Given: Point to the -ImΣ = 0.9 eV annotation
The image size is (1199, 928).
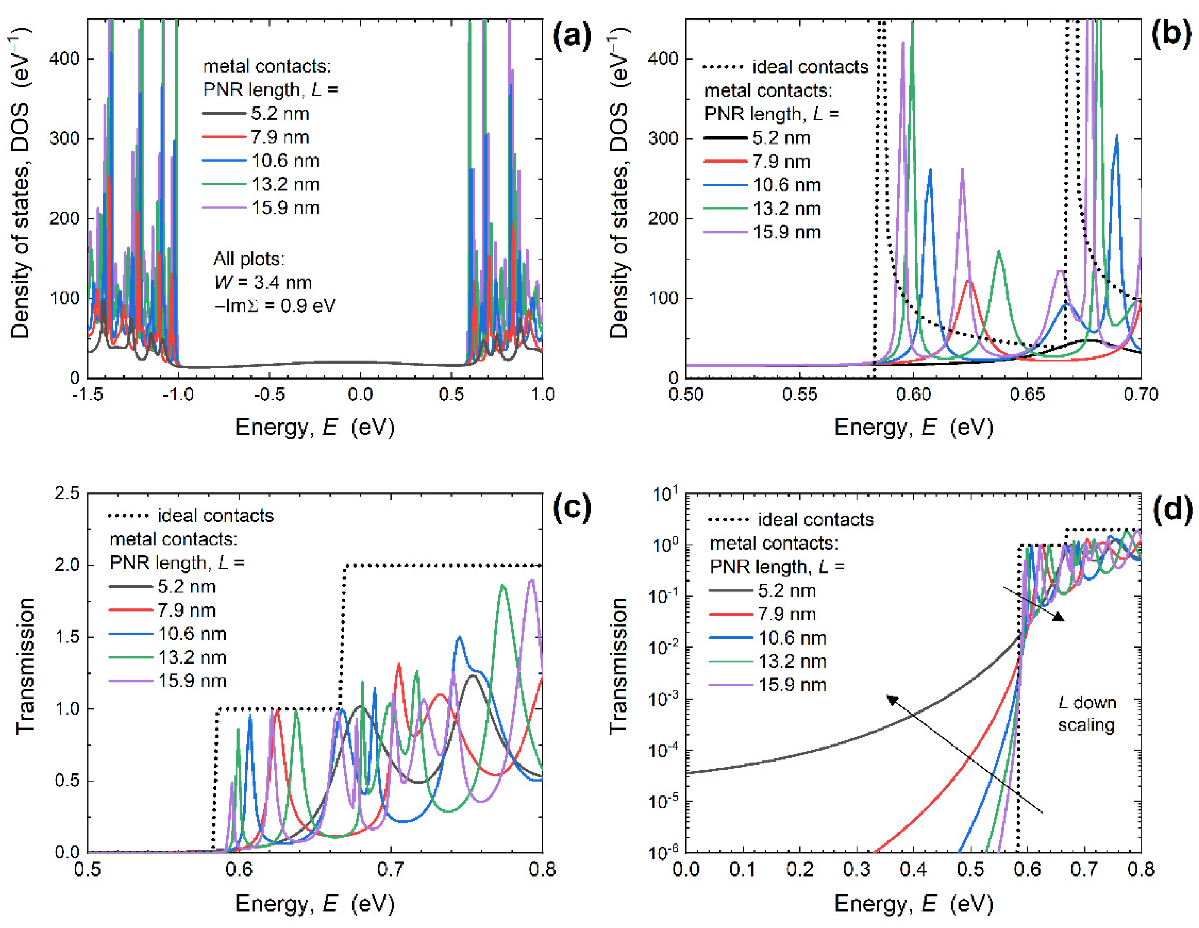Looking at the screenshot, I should (x=275, y=305).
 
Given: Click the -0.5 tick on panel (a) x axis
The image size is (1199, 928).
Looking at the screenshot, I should (x=269, y=394).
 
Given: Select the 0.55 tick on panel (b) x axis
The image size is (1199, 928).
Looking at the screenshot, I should (x=799, y=394).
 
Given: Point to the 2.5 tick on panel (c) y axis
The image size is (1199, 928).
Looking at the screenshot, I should (x=67, y=493).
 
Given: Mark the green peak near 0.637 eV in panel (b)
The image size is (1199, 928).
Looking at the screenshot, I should (x=999, y=252).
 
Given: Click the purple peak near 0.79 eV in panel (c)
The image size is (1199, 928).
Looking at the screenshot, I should (x=531, y=581).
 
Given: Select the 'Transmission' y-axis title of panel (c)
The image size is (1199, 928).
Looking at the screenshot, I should (x=25, y=666).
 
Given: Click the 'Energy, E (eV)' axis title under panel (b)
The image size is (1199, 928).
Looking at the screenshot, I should (x=914, y=427).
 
